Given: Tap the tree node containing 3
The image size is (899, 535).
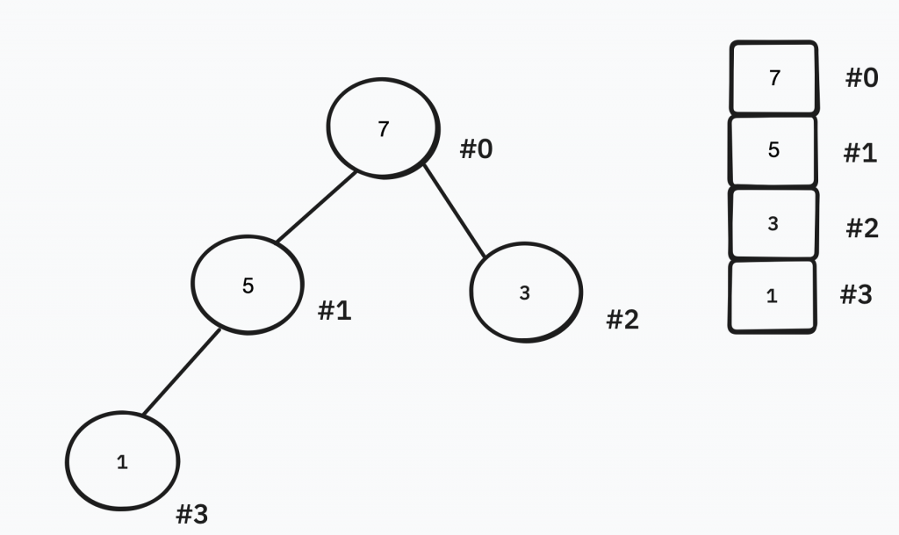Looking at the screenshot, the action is [525, 293].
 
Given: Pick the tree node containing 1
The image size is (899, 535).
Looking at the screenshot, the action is [123, 461].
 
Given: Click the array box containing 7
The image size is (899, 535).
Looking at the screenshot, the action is [773, 78].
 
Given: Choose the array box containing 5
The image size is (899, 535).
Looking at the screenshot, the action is [773, 150].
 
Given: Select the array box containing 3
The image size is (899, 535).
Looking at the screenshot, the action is [773, 224].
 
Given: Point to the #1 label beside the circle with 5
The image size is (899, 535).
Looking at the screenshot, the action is [334, 310].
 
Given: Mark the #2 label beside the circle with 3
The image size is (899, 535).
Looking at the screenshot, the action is [622, 321].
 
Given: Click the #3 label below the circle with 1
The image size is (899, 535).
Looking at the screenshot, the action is [192, 514].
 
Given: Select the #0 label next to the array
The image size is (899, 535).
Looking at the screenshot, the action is [861, 78].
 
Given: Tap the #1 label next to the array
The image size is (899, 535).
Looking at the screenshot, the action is [860, 154].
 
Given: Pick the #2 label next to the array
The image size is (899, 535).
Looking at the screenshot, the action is [862, 229].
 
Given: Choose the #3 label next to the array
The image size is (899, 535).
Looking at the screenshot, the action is [856, 294].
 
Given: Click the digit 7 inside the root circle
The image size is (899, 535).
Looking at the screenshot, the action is [383, 129].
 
